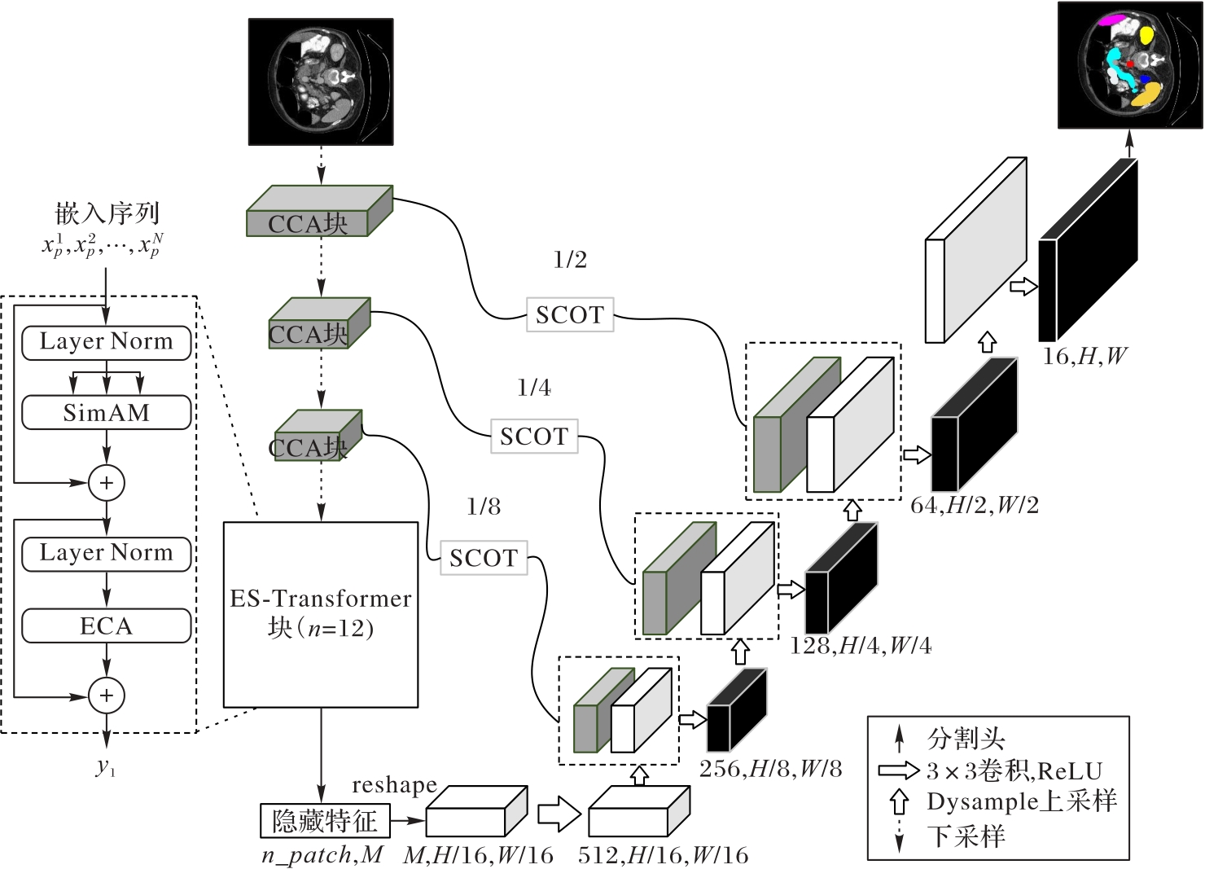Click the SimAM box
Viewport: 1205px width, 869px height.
click(106, 413)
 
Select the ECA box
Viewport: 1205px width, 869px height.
click(106, 626)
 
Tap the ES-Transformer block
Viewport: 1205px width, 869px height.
click(321, 614)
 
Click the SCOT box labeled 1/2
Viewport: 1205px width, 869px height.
click(569, 314)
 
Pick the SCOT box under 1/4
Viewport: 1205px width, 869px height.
click(534, 437)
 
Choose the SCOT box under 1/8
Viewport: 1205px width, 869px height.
click(484, 558)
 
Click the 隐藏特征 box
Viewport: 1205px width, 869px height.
click(325, 821)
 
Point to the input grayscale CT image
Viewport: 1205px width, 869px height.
click(321, 81)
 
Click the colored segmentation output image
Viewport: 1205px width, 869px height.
click(1130, 65)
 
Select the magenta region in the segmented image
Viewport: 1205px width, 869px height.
click(1111, 20)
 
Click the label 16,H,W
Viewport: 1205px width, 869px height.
click(1084, 356)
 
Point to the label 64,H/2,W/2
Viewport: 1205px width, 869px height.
click(974, 506)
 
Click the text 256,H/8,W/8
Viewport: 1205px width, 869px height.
click(770, 769)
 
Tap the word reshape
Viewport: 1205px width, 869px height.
click(394, 785)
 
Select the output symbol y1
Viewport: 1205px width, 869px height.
click(106, 766)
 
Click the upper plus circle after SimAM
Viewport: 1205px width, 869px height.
click(106, 483)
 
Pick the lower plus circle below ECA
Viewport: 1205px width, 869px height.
click(106, 696)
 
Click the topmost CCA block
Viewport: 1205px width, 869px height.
click(319, 212)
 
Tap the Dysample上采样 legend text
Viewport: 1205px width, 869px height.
click(1022, 801)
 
